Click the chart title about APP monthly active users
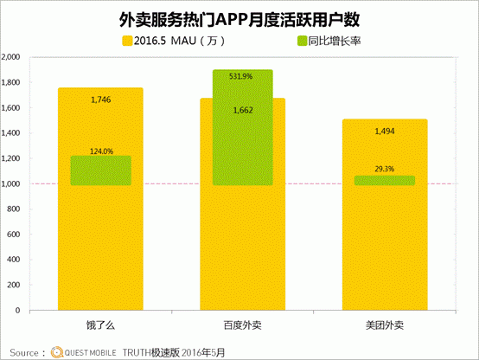[239, 20]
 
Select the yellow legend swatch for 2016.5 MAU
[127, 41]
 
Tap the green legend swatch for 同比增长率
[302, 41]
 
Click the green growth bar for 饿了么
[101, 170]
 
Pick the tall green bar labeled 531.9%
[243, 127]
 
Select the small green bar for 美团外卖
[385, 181]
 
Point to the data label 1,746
[101, 100]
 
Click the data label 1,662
[243, 110]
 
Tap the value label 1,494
[385, 132]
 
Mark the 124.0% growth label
[101, 151]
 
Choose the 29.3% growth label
[385, 169]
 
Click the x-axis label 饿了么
[100, 325]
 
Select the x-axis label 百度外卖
[243, 325]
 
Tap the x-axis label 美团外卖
[385, 325]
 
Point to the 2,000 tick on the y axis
[11, 57]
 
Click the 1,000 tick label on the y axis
[11, 183]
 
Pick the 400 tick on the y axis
[14, 260]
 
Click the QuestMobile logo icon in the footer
[57, 352]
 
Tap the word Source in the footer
[24, 353]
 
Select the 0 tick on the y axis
[17, 311]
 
